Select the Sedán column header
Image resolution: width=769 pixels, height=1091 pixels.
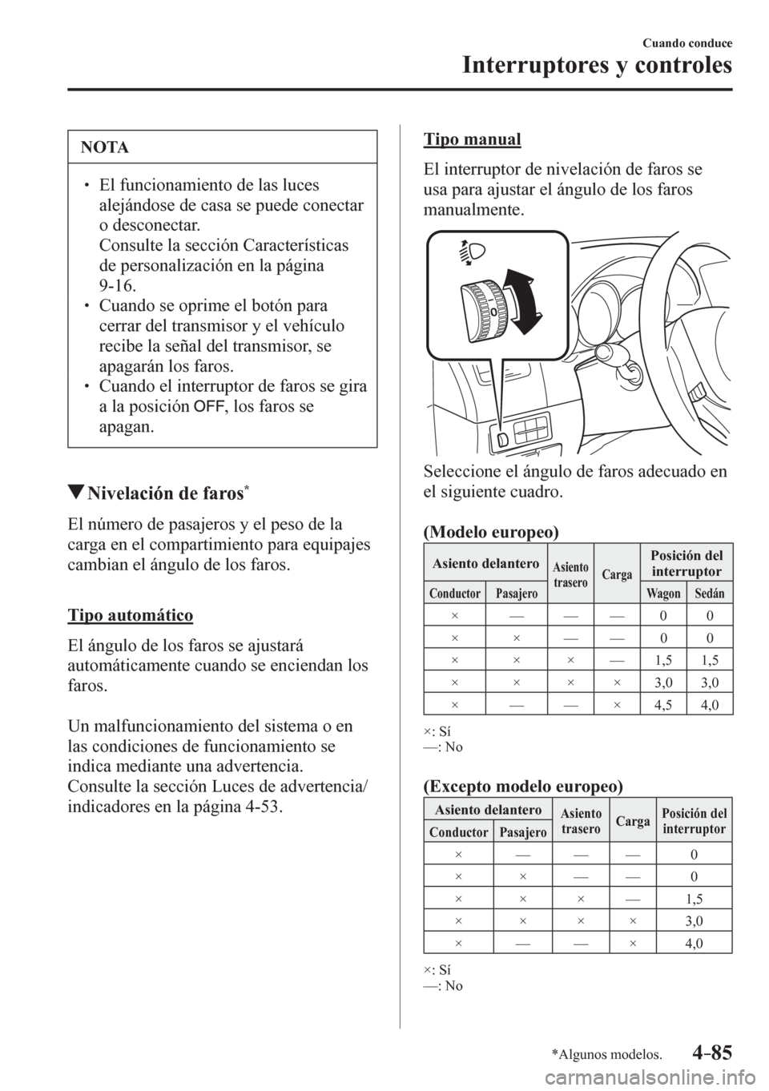tap(709, 594)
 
